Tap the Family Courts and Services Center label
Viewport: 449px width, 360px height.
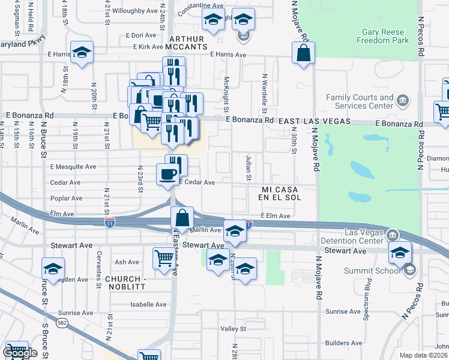[x=359, y=101]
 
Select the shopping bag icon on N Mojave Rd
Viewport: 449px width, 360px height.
[x=303, y=53]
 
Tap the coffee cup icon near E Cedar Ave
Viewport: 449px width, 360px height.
[x=167, y=175]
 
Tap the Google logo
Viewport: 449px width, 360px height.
[x=20, y=353]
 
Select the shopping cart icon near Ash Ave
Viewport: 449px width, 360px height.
[x=163, y=259]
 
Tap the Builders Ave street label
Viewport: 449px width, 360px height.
[x=343, y=343]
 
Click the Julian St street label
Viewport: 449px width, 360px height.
[x=248, y=166]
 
